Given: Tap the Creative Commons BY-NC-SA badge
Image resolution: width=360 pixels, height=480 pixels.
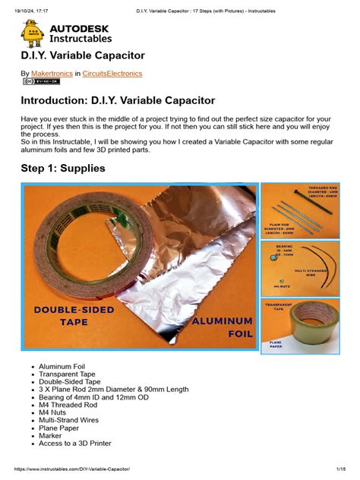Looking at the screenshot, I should (x=41, y=81).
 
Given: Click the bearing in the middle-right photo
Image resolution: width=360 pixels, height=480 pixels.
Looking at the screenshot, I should (x=270, y=258).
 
